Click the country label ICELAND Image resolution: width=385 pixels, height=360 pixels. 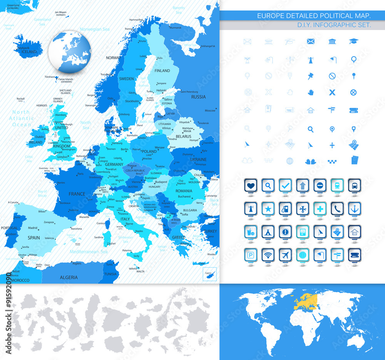click(x=29, y=52)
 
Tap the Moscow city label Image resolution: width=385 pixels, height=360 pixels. click(x=210, y=111)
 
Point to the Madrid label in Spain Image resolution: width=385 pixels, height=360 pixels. click(x=33, y=228)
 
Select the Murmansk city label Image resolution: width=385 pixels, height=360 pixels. click(x=175, y=28)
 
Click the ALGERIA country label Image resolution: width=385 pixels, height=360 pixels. click(x=69, y=277)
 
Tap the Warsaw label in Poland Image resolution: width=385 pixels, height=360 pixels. click(x=159, y=147)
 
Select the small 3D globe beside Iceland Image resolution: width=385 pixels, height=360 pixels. click(x=70, y=52)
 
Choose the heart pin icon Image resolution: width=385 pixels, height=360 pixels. click(x=250, y=185)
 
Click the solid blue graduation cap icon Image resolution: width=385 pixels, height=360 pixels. click(x=353, y=41)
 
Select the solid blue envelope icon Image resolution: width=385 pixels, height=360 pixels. click(x=311, y=41)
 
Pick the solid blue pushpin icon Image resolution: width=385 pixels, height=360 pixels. click(x=311, y=76)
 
